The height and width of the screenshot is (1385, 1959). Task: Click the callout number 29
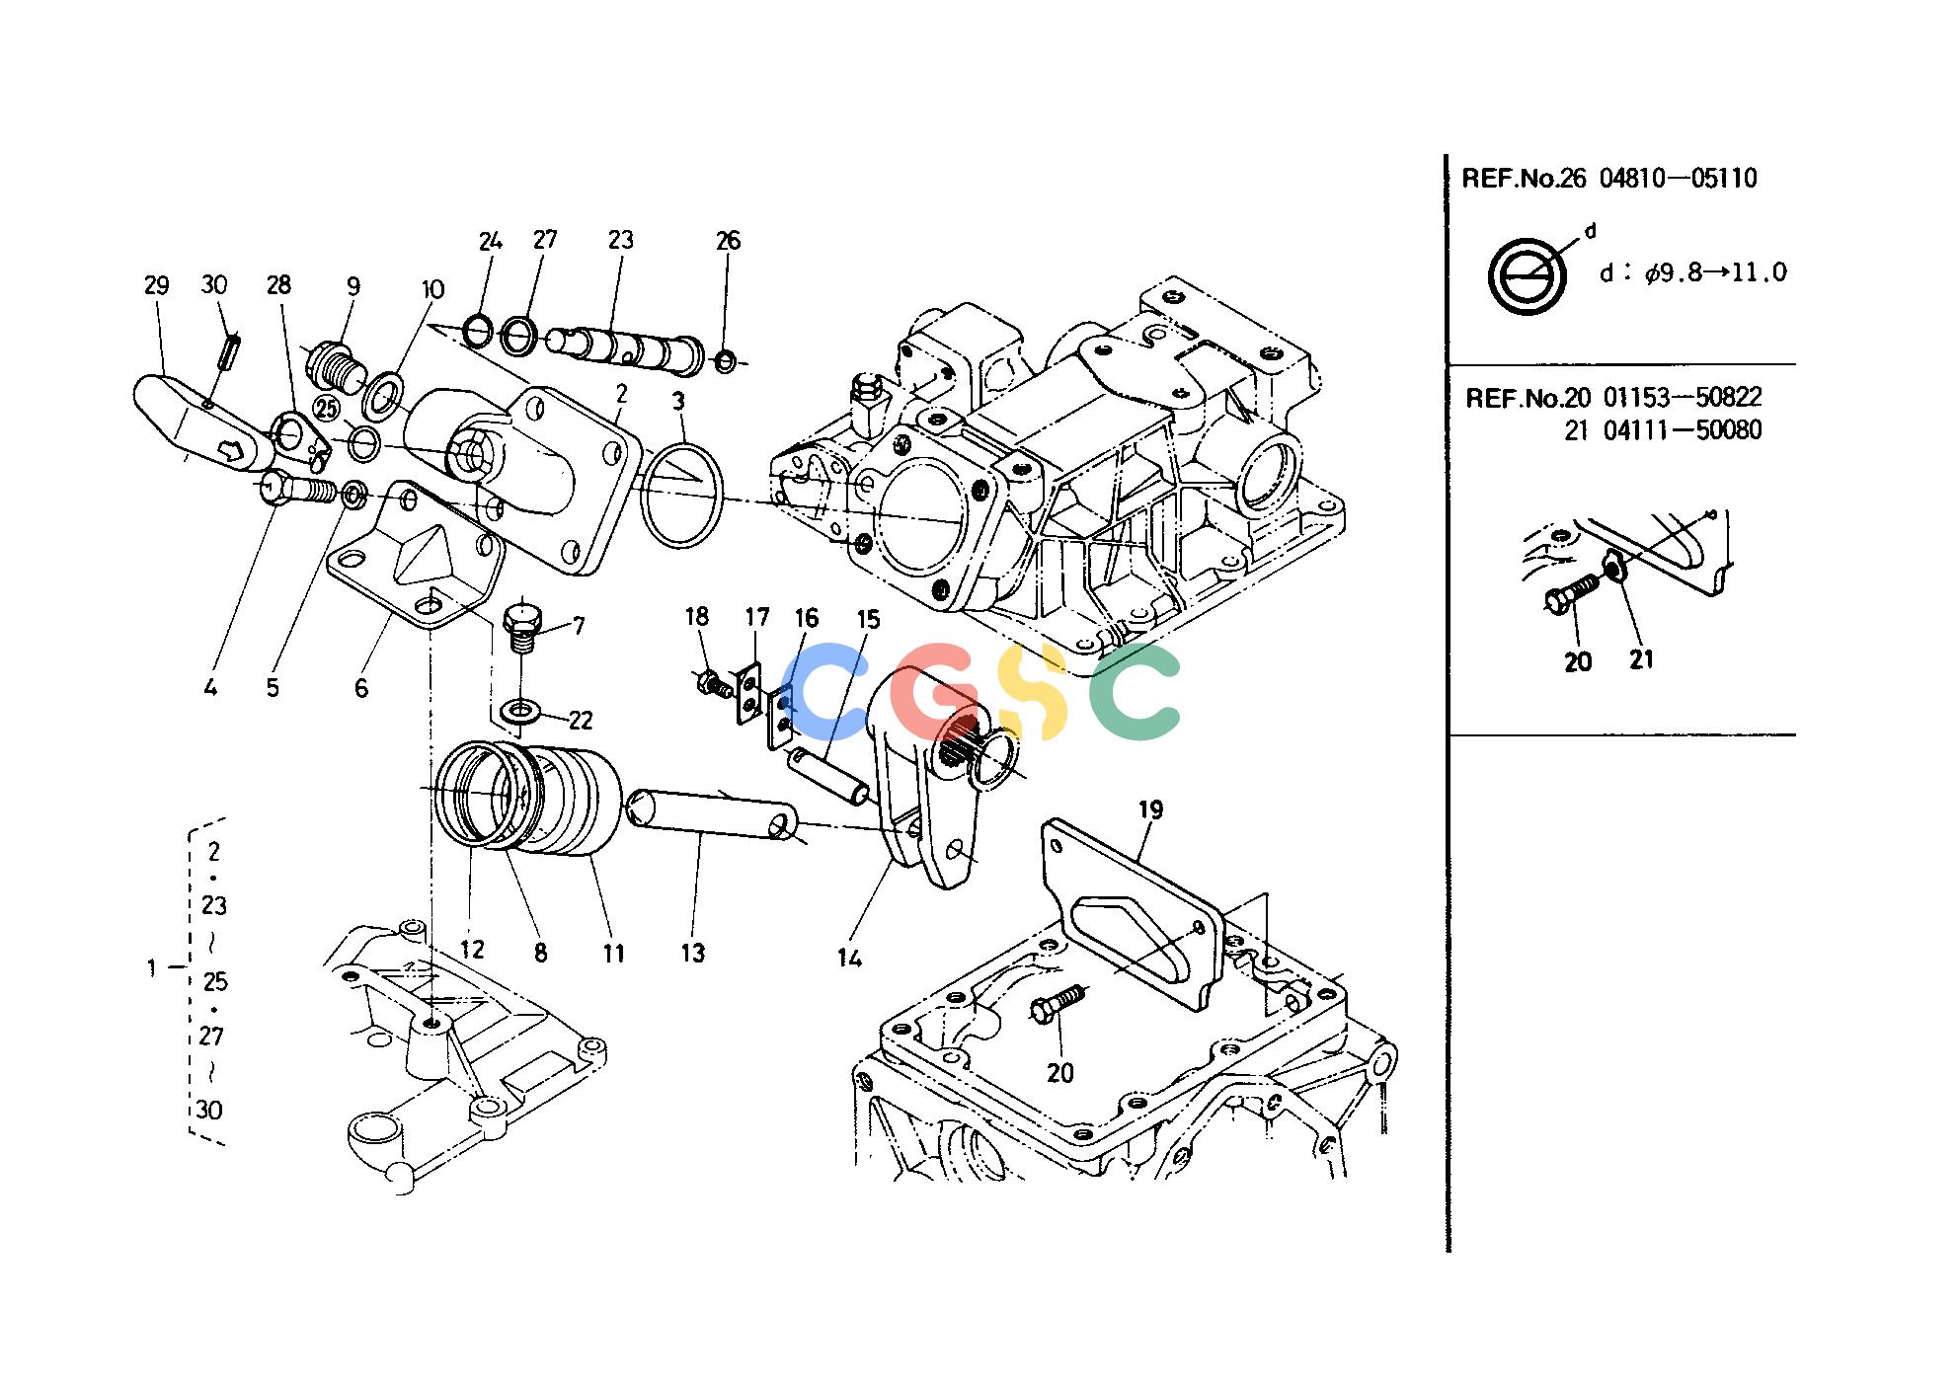click(156, 286)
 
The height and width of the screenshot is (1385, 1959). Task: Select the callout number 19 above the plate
click(1150, 810)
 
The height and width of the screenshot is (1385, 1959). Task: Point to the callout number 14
click(849, 958)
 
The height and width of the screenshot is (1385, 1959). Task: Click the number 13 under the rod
click(693, 953)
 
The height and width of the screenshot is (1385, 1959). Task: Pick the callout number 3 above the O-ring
click(678, 402)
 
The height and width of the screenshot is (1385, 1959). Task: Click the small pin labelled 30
click(232, 352)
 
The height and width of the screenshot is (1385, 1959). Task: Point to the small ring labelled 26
click(725, 361)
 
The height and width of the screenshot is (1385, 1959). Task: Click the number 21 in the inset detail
click(1640, 658)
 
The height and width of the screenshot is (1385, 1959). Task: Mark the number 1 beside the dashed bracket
click(151, 968)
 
